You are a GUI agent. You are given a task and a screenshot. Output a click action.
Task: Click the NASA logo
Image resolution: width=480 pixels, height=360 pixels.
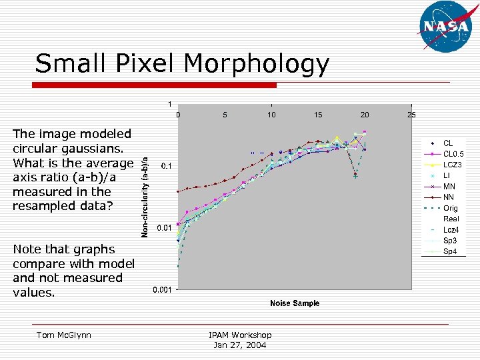pyautogui.click(x=446, y=26)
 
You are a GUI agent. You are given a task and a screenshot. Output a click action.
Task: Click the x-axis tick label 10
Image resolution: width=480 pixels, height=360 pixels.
pyautogui.click(x=271, y=115)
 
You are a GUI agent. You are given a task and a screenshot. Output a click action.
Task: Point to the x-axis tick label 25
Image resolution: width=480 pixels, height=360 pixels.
pyautogui.click(x=411, y=115)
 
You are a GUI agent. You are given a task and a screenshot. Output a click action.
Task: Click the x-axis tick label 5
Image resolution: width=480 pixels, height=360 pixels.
pyautogui.click(x=225, y=115)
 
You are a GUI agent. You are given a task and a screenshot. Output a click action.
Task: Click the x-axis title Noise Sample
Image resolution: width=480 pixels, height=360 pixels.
pyautogui.click(x=294, y=303)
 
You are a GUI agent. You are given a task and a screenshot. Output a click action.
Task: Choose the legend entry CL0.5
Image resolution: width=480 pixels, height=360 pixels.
pyautogui.click(x=453, y=154)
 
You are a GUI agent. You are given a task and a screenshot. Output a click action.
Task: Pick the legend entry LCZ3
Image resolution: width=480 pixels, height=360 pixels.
pyautogui.click(x=452, y=165)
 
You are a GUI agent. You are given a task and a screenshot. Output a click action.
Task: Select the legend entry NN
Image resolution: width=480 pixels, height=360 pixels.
pyautogui.click(x=449, y=197)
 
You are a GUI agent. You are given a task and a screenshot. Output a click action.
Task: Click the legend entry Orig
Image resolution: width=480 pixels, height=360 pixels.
pyautogui.click(x=451, y=208)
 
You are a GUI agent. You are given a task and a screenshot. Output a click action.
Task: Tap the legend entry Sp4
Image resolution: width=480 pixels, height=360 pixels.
pyautogui.click(x=450, y=251)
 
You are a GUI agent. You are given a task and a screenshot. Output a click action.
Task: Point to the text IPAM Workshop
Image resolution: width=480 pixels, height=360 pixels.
pyautogui.click(x=240, y=335)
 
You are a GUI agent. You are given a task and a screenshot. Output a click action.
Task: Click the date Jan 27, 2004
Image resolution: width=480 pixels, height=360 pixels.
pyautogui.click(x=240, y=345)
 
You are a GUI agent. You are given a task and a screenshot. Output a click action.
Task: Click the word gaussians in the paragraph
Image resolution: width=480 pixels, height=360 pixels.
pyautogui.click(x=93, y=149)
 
